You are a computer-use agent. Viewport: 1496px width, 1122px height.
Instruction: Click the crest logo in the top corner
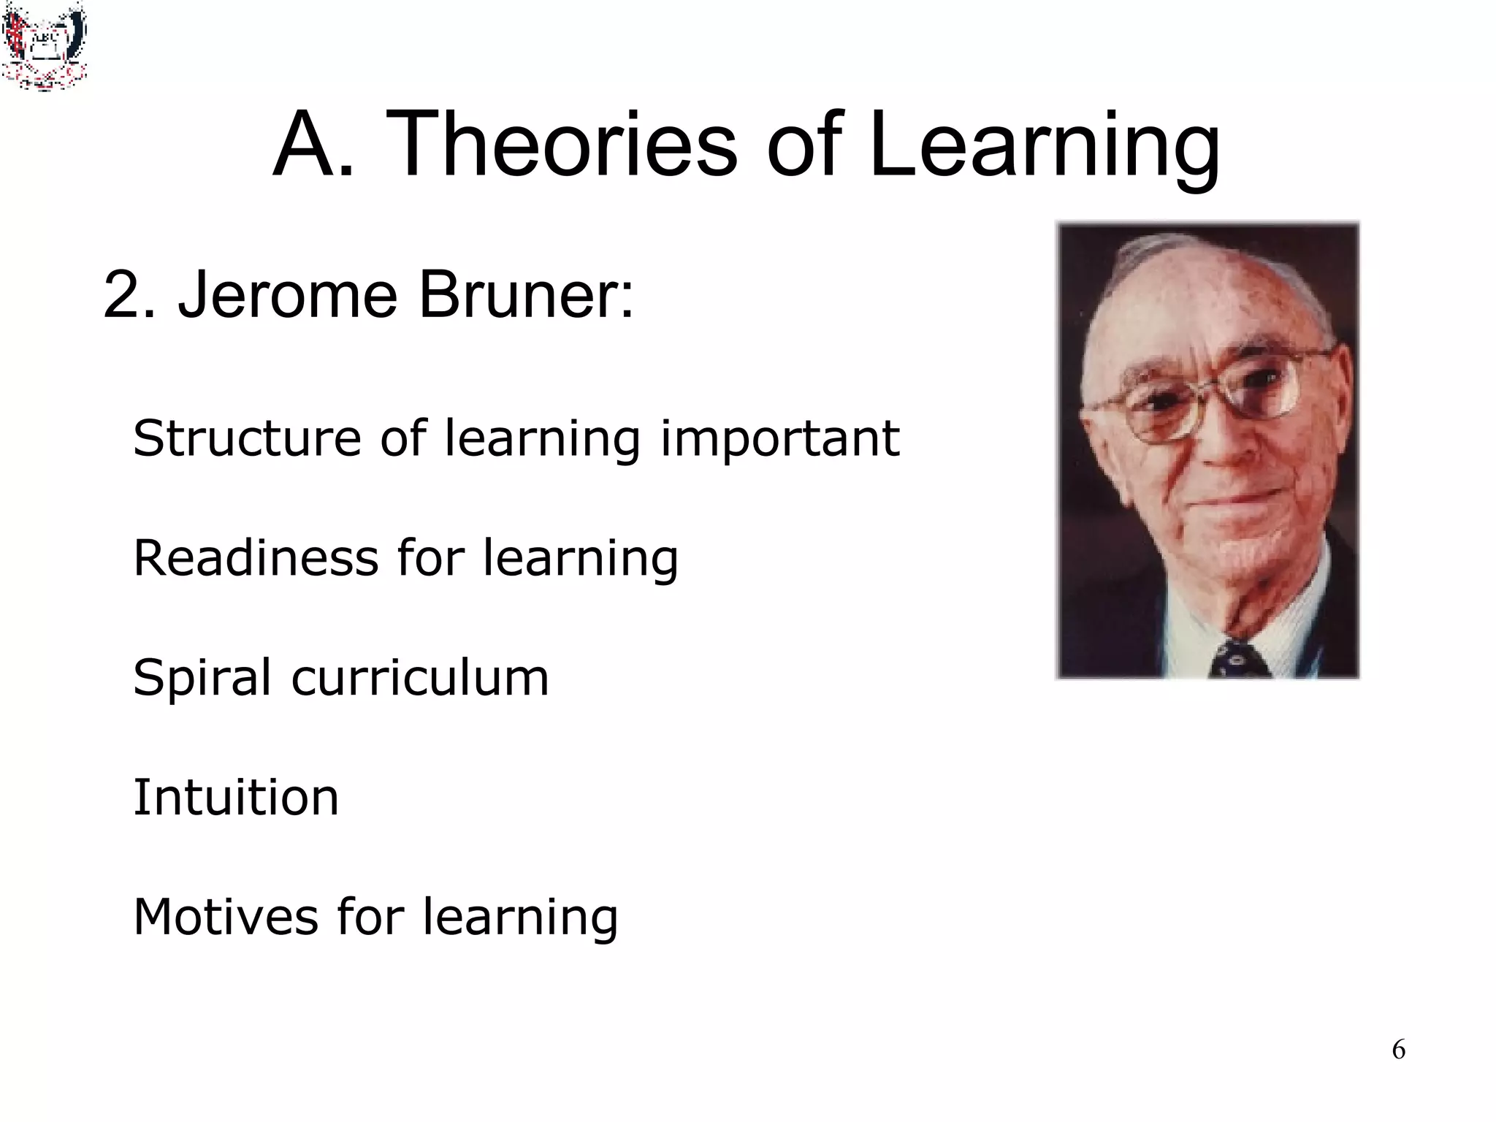tap(44, 45)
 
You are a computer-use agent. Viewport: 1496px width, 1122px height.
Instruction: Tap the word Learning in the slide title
tap(1045, 146)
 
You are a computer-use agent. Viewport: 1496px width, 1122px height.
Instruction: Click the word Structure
tap(247, 438)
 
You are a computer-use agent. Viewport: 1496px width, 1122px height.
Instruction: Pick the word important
tap(779, 440)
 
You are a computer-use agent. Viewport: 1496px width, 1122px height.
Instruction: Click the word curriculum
tap(420, 678)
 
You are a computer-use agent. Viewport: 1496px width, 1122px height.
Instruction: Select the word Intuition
tap(236, 797)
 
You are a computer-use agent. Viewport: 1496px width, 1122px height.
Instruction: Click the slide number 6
tap(1398, 1050)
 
